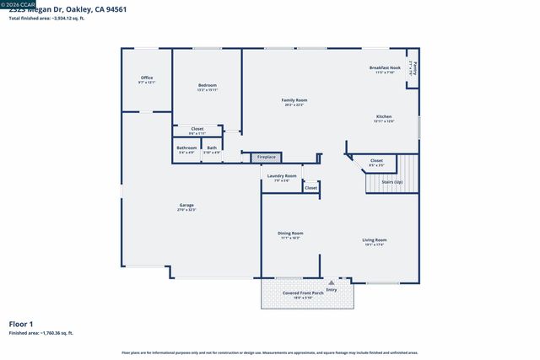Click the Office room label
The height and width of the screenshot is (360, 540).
[x=147, y=78]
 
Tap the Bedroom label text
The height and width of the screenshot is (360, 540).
[x=208, y=85]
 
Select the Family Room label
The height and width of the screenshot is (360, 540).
[x=294, y=100]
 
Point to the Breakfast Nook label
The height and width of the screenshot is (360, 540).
[x=384, y=68]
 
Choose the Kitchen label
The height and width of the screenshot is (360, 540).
[x=384, y=117]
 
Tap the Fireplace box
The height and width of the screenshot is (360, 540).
[x=266, y=157]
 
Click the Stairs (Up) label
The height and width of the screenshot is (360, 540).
[x=392, y=181]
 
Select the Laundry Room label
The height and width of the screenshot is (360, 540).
[x=282, y=176]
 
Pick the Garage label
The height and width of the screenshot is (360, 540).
[x=186, y=206]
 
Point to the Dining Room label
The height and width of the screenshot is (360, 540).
[x=290, y=234]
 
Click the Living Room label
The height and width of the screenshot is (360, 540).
[x=375, y=240]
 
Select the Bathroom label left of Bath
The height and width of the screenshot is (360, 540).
[x=186, y=148]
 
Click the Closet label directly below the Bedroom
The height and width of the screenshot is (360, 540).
[x=197, y=129]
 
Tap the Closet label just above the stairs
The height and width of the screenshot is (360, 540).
[x=376, y=160]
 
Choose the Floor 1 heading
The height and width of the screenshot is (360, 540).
[x=21, y=324]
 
